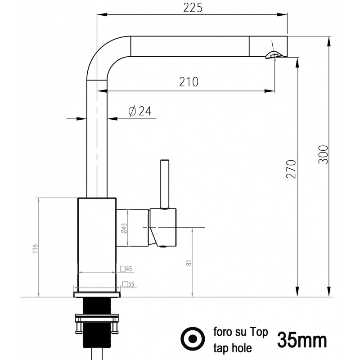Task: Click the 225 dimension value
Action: [193, 8]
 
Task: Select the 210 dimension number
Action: [189, 82]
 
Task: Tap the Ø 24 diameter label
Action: [140, 111]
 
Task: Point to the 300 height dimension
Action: [323, 154]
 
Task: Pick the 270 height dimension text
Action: [291, 169]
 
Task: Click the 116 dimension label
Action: [35, 249]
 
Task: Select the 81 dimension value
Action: [189, 263]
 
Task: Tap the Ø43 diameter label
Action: [124, 228]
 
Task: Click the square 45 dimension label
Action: [126, 269]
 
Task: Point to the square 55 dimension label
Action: [128, 284]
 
